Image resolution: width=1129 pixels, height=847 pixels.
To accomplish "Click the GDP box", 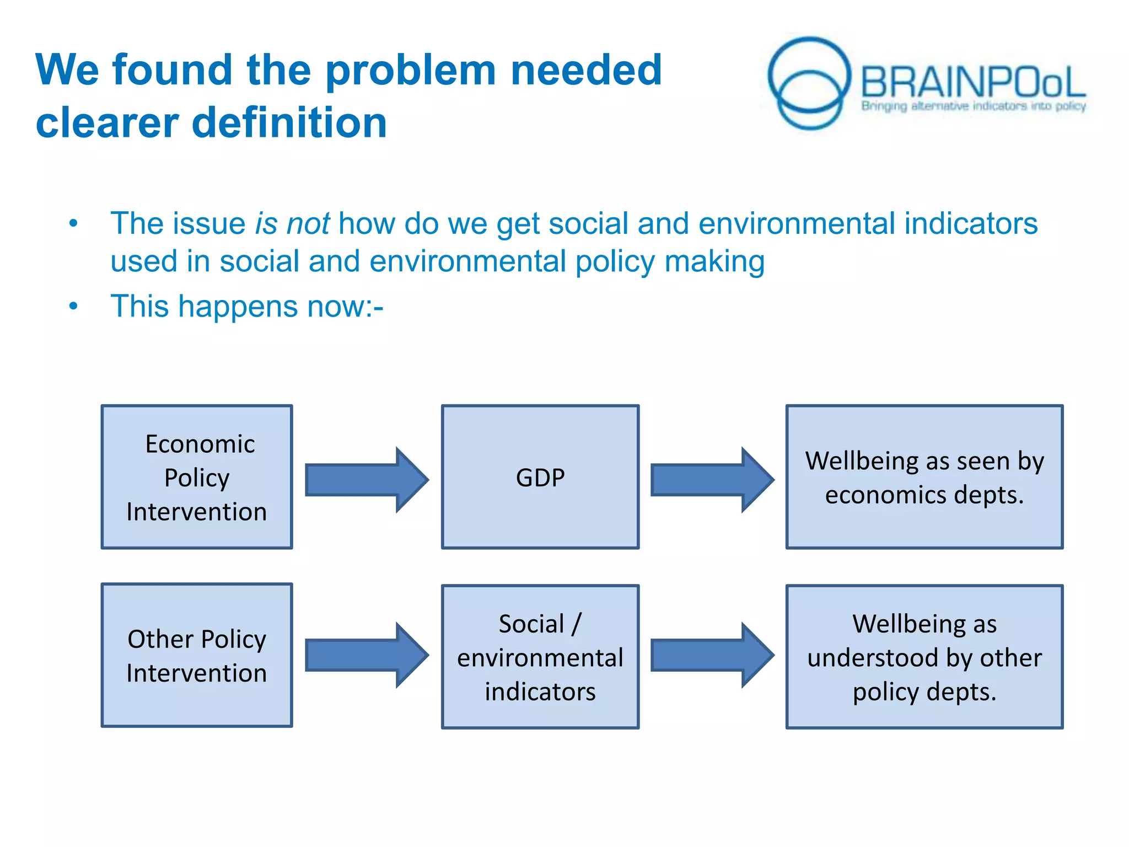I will (540, 478).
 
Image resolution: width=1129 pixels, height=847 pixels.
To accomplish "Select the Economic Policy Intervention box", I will (197, 478).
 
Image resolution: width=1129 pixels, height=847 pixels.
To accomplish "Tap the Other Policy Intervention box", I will (197, 656).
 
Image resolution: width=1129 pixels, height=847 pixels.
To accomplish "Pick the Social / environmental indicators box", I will (540, 657).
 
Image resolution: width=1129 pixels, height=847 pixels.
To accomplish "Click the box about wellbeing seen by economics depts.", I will (924, 478).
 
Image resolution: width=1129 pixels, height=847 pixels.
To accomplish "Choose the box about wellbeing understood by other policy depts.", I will (924, 657).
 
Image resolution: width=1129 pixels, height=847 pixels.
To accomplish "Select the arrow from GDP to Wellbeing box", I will (712, 480).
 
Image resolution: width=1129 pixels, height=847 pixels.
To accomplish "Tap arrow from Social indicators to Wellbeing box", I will (712, 655).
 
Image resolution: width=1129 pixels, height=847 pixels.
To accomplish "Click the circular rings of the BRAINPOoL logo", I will (809, 83).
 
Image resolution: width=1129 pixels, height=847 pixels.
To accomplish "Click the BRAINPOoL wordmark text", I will (973, 83).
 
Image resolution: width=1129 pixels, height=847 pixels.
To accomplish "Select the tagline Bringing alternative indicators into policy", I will (974, 106).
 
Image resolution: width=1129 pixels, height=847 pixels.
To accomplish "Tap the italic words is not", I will (292, 224).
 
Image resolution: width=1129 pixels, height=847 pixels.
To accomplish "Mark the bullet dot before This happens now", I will (73, 307).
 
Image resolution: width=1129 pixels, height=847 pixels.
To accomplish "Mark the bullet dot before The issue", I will (73, 224).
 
